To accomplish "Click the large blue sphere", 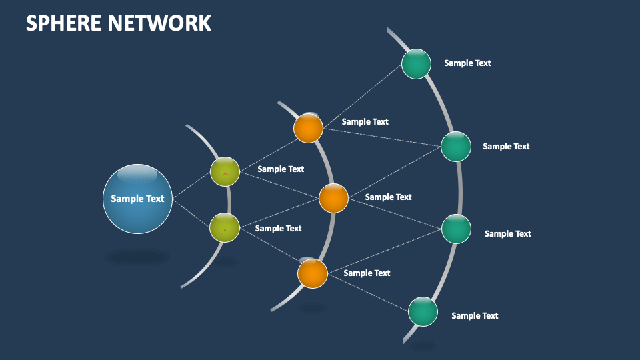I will point(137,199).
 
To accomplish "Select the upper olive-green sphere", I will point(225,172).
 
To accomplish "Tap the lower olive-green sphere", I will point(225,227).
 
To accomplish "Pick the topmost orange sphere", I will point(309,128).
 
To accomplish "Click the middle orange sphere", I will point(333,198).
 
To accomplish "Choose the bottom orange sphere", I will point(312,273).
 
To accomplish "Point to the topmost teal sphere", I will point(417,64).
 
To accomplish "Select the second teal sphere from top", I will point(456,147).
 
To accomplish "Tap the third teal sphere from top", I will point(457,229).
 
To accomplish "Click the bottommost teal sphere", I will point(423,311).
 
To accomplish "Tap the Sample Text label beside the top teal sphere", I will point(467,63).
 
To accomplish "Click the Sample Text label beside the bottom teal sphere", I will point(475,316).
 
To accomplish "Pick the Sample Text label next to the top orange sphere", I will point(365,122).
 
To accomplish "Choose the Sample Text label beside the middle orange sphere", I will point(388,197).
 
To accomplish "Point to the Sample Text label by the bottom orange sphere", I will point(367,273).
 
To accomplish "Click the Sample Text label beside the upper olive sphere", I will point(281,169).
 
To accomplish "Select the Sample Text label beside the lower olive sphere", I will point(278,229).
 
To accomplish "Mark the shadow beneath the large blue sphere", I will point(137,257).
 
